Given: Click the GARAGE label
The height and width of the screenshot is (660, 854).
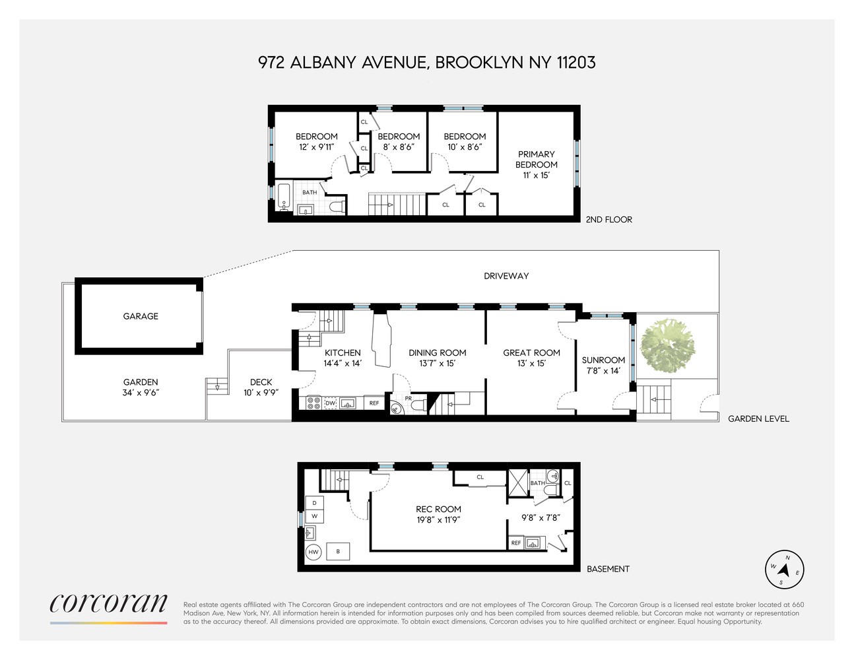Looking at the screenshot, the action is pos(141,316).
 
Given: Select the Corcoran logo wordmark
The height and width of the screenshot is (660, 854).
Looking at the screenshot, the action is pos(108,603).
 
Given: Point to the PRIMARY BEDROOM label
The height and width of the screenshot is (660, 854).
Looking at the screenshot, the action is pos(536,160).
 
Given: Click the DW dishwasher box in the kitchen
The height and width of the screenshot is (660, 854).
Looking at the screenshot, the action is pos(330,403).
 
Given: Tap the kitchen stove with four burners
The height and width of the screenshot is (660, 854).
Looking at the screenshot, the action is pos(313,403).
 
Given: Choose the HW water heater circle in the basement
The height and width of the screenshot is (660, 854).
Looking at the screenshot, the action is pos(313,552).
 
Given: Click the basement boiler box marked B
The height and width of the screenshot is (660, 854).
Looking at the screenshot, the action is pos(338,552).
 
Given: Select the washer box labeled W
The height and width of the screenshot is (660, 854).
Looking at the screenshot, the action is pos(314,516).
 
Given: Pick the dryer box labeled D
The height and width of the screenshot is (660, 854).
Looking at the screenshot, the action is pos(314,503).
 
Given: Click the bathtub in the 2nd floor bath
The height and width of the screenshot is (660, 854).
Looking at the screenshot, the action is pos(284,197).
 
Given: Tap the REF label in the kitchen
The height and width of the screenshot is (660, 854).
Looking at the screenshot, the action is pos(374,403).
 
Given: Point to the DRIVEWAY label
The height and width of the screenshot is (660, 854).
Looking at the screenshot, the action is pos(506,276).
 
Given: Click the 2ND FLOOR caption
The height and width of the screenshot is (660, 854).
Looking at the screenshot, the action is pos(608,220).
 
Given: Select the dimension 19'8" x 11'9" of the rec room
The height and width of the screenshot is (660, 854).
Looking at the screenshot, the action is pos(438,520).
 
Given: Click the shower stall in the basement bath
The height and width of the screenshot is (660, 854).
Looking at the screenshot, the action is pos(518,483).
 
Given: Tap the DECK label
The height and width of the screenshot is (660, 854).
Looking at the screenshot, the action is pos(261,382).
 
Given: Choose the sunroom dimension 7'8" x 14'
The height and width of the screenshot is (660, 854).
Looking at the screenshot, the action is pos(603,370).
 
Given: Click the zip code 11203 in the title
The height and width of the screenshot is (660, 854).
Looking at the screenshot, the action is pos(576,63).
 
